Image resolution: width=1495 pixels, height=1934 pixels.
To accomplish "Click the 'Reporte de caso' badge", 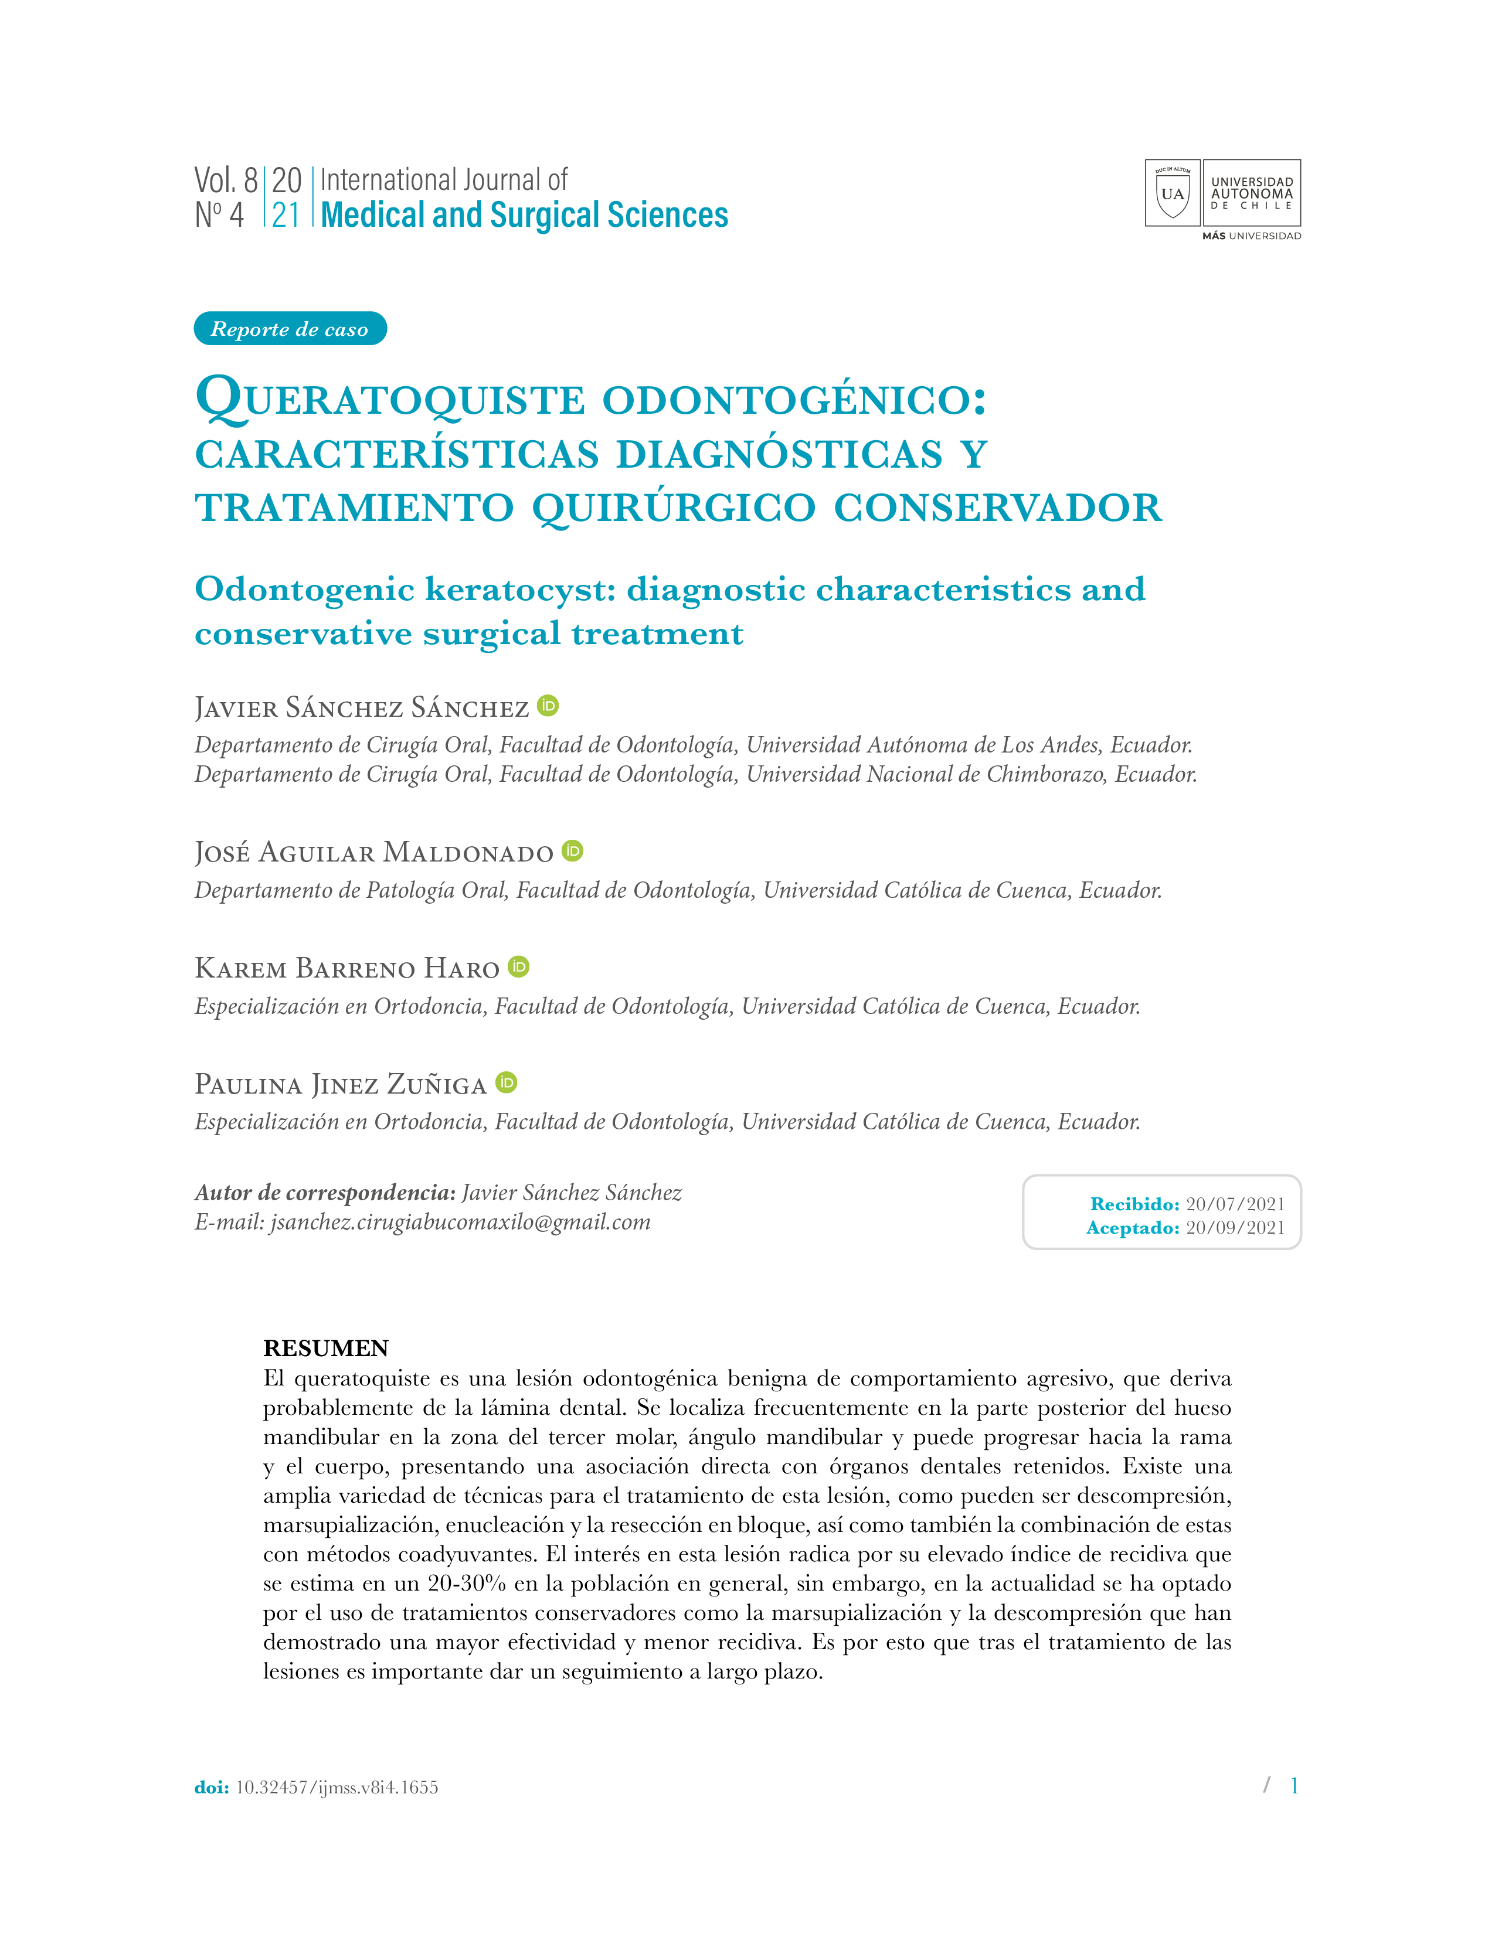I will [290, 329].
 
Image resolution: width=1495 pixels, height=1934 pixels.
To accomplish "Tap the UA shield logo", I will [1172, 193].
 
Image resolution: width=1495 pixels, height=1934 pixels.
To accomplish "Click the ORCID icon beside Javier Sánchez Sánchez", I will [548, 706].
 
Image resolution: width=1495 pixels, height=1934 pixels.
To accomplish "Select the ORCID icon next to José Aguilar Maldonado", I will [573, 851].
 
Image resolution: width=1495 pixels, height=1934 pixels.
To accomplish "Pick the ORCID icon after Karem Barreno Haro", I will [519, 967].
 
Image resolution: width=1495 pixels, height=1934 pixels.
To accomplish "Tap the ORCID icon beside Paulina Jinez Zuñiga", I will [507, 1082].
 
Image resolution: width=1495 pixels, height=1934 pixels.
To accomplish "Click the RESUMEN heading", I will [326, 1348].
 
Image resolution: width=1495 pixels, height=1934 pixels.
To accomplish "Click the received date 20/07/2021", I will [1235, 1203].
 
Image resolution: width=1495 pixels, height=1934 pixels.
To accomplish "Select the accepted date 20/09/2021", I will [1235, 1227].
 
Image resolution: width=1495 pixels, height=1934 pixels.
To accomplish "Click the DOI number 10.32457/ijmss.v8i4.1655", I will [337, 1787].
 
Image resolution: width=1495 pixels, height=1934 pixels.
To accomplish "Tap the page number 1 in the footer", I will [1294, 1785].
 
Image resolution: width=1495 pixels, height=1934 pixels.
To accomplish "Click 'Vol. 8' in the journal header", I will [226, 181].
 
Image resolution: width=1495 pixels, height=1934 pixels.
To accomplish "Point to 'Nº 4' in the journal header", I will [219, 215].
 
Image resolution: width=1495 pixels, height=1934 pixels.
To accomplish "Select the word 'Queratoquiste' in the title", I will [390, 399].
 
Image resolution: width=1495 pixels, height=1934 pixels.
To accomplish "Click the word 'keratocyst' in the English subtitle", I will [520, 590].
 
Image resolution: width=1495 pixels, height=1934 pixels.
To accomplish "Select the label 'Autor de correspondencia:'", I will [325, 1193].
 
